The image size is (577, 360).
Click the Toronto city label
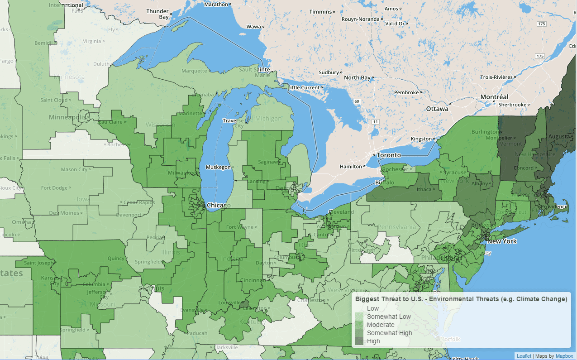389,155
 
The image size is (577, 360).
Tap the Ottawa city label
437,109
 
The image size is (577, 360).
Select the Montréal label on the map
494,97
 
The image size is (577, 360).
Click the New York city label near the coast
502,241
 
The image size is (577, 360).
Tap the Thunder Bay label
158,14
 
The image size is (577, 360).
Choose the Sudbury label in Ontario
329,72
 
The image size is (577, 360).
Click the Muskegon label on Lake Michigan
218,167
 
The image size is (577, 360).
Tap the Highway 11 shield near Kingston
375,122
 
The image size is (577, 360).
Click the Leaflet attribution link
524,356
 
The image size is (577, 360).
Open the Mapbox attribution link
564,356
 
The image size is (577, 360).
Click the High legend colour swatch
359,341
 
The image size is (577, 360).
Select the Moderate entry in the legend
380,325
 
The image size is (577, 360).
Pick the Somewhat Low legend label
389,317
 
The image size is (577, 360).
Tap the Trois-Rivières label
496,77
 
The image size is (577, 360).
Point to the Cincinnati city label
253,280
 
